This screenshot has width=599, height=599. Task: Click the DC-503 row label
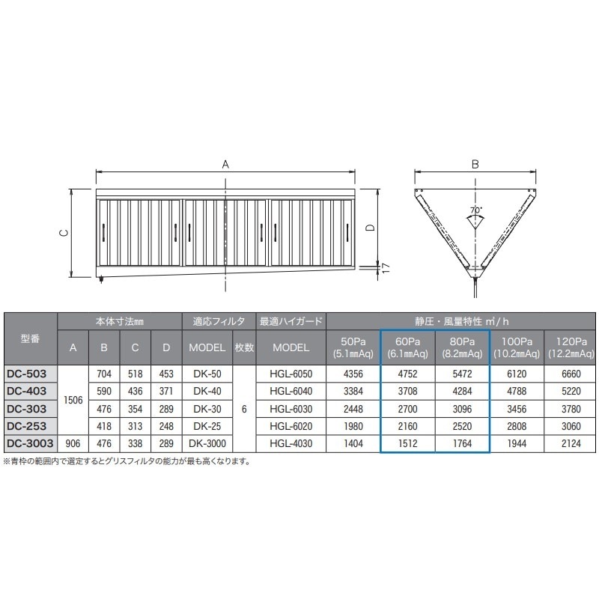26,374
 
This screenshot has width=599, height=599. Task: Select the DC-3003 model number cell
30,443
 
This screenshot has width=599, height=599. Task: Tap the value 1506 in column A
73,400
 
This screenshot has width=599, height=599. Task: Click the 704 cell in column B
104,374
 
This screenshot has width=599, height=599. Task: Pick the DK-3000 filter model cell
207,443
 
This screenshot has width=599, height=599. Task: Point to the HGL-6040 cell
291,391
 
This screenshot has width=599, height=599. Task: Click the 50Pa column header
353,347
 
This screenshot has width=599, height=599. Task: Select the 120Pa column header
571,347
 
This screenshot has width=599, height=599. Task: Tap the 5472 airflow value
462,374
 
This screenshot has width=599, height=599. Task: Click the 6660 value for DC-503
571,374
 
